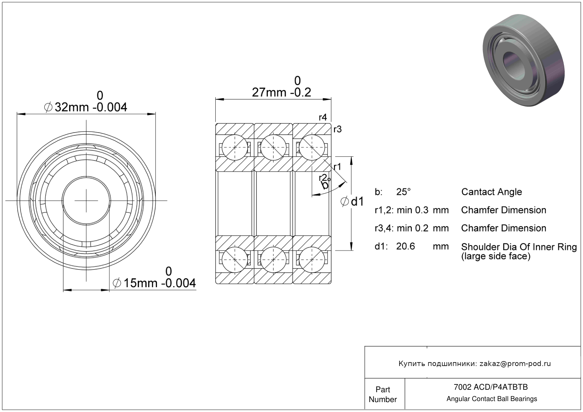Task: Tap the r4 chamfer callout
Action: click(323, 117)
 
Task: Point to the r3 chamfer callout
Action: click(338, 129)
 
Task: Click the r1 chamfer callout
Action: click(337, 167)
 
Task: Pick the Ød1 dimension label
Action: click(352, 202)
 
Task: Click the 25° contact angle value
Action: click(403, 192)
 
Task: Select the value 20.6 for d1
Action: click(406, 246)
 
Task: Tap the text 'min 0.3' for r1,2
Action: click(412, 210)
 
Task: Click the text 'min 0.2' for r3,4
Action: click(412, 228)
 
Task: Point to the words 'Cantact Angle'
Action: click(492, 192)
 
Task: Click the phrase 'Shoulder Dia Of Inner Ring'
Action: click(519, 247)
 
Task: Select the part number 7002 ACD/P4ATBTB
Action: click(491, 387)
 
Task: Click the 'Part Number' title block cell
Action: click(383, 394)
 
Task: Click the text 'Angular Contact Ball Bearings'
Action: click(492, 399)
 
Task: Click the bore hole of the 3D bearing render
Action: click(514, 65)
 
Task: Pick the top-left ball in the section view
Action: click(235, 147)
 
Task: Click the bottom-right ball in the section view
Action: click(312, 260)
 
